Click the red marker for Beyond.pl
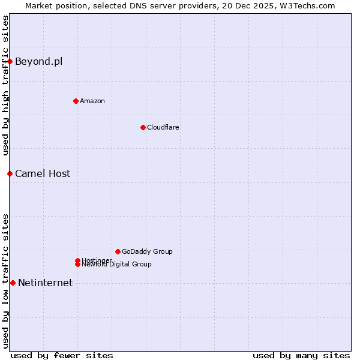coord(10,61)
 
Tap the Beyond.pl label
coord(38,61)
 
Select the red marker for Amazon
coord(76,101)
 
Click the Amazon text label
coord(92,101)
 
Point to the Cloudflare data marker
coord(143,127)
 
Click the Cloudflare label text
coord(163,127)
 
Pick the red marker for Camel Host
coord(10,173)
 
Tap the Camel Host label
coord(42,174)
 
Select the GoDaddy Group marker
coord(118,251)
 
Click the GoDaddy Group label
coord(147,251)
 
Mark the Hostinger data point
coord(77,260)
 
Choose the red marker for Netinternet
coord(13,283)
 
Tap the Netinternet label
coord(45,283)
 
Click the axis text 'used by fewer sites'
coord(62,355)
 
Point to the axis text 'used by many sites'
coord(301,355)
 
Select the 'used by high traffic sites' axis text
coord(5,86)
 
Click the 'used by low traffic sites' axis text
coord(5,280)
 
